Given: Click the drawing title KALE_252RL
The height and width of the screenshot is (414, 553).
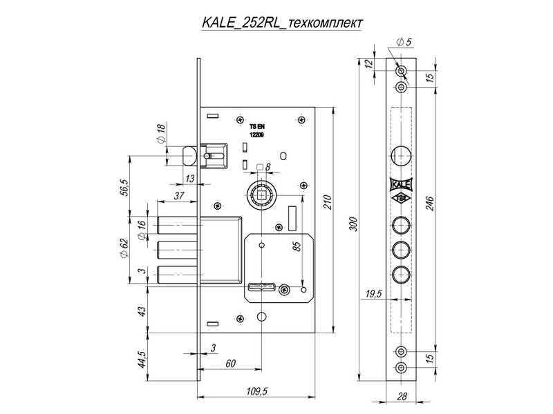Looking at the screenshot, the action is (241, 22).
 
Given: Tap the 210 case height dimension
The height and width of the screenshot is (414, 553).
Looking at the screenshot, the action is (328, 202).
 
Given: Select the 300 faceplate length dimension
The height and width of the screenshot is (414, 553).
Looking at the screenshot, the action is (354, 224).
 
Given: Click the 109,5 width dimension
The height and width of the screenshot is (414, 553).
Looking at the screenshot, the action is (257, 391).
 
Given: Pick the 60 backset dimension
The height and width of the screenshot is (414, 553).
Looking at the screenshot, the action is (230, 363).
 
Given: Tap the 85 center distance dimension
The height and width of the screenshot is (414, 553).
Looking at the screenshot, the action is (297, 246).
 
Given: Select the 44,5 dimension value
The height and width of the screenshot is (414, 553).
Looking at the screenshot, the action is (142, 358).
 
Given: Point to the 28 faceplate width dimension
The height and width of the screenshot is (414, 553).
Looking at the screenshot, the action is (402, 396).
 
